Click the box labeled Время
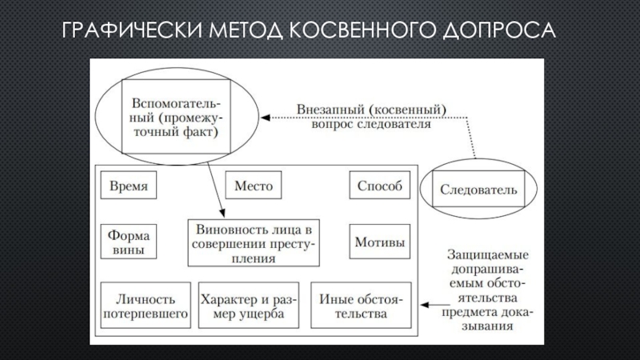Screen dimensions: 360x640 128,187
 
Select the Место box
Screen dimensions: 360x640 253,187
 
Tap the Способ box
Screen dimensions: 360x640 378,187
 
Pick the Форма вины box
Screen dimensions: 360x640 128,242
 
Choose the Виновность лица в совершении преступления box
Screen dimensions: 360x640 254,242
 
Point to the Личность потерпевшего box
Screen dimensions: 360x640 146,306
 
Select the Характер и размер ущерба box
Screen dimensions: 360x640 250,306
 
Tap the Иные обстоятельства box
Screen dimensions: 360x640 361,306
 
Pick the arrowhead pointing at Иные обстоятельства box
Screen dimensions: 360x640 424,305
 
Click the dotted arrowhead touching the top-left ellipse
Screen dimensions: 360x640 269,118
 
